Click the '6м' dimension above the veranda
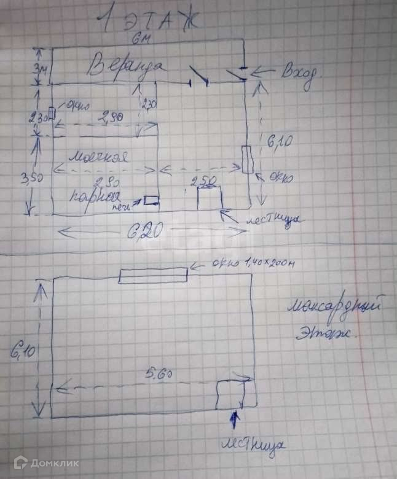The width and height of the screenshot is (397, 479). pos(138,40)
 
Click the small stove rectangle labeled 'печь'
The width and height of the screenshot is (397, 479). pos(151,200)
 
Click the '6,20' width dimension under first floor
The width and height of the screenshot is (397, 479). pos(145,232)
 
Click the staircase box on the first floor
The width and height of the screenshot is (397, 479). pos(210,198)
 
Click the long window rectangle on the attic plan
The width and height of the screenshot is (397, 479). pos(153,276)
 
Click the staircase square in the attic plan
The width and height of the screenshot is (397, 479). pos(232,394)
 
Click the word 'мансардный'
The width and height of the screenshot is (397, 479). pos(339,305)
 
